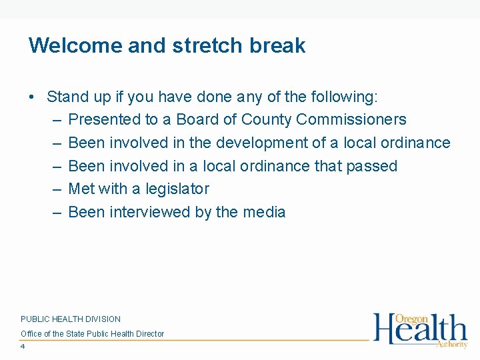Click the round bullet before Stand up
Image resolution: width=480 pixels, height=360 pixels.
pos(32,97)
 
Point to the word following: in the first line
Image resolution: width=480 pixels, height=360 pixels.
pos(344,97)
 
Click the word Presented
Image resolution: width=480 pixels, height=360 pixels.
pos(104,120)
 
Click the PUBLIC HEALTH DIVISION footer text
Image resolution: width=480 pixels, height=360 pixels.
pos(71,319)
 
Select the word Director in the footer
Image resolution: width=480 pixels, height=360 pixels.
pos(149,333)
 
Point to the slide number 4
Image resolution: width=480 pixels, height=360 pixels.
pos(23,347)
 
